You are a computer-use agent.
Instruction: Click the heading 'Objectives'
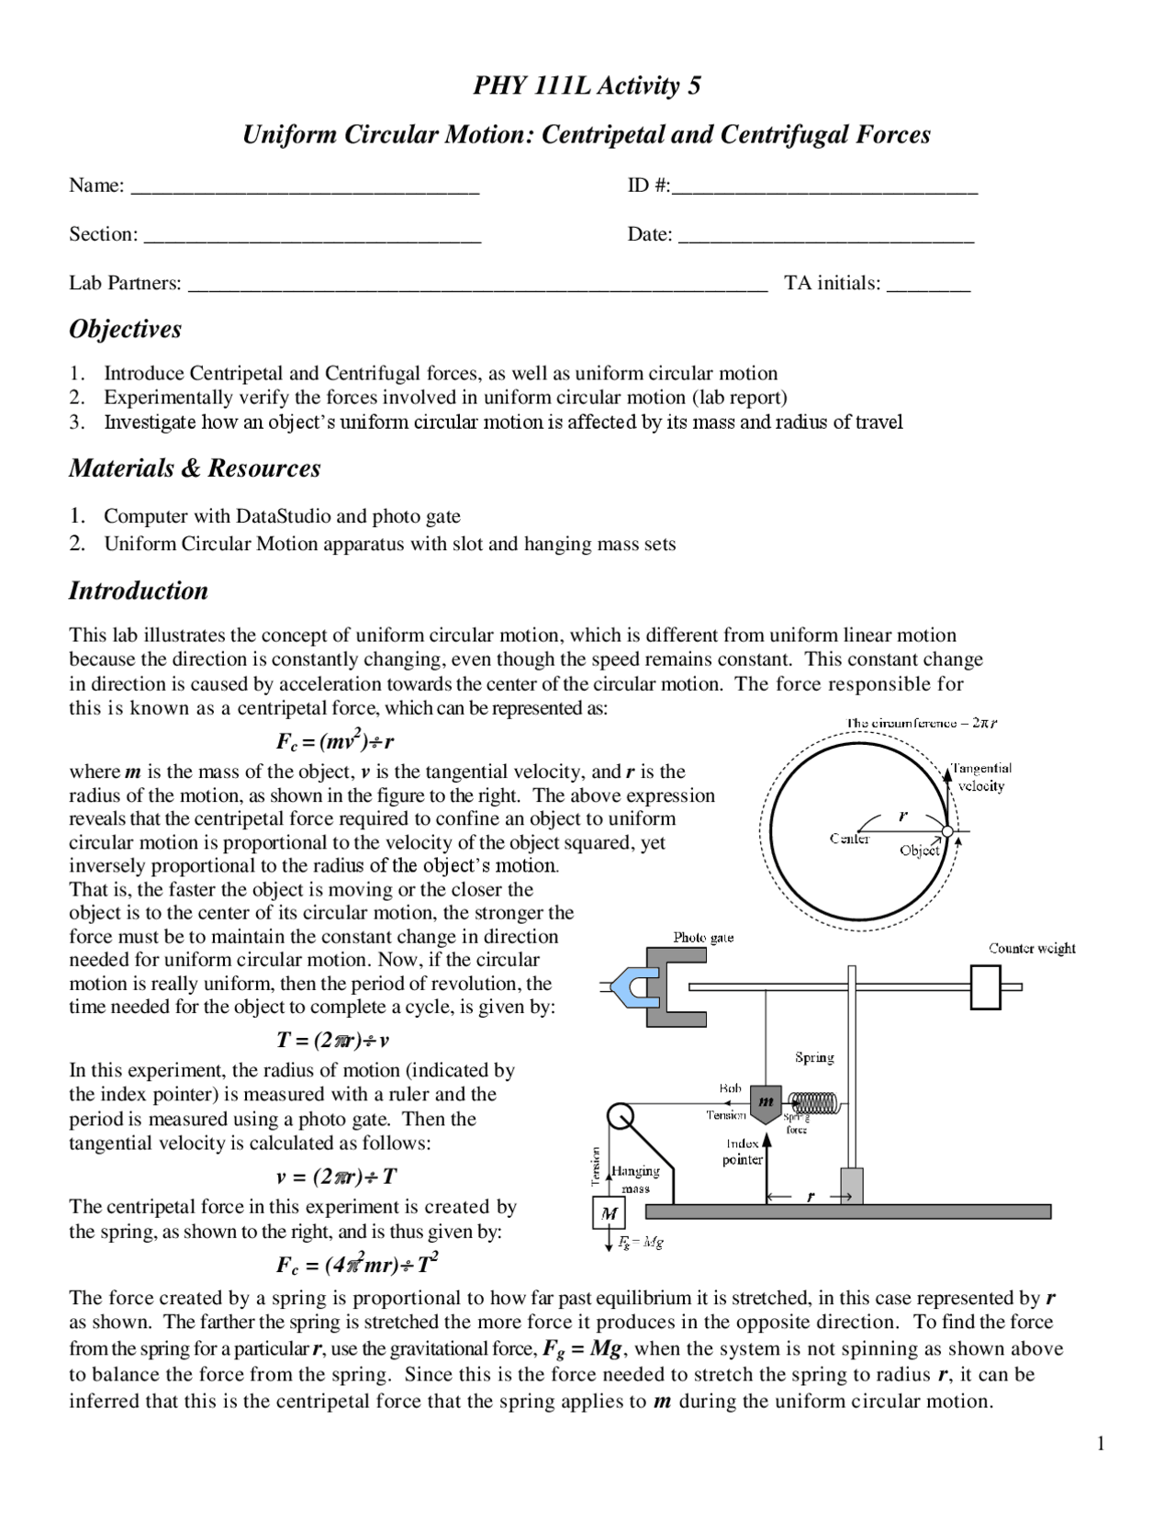pos(125,329)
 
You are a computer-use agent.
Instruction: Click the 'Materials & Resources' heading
pos(195,468)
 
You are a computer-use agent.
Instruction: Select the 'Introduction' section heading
pos(139,591)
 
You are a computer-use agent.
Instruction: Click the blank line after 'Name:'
pos(306,189)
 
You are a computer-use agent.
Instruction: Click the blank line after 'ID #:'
pos(824,189)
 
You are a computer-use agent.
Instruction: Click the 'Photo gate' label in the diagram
pos(703,938)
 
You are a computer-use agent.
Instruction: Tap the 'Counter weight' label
pos(1032,949)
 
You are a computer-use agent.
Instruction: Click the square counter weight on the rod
pos(985,987)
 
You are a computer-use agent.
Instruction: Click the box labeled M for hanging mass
pos(609,1214)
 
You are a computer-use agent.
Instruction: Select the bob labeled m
pos(766,1103)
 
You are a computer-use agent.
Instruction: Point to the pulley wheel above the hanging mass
pos(621,1116)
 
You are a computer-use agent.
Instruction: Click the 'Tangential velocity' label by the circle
pos(980,777)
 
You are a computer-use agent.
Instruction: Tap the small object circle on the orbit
pos(947,832)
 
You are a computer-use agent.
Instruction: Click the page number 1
pos(1101,1445)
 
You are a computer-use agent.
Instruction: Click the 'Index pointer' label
pos(742,1152)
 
